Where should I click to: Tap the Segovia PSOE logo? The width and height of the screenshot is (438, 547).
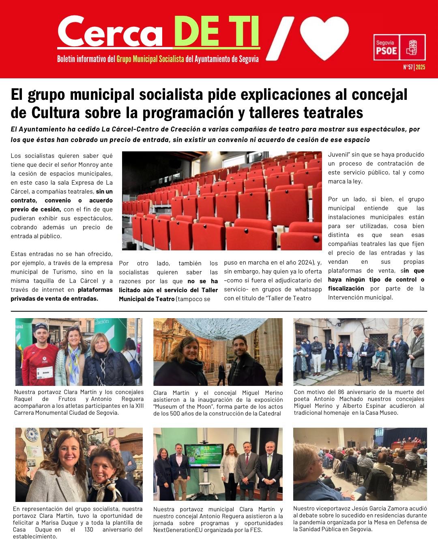point(399,47)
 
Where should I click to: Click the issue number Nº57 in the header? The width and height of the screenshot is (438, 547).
point(408,67)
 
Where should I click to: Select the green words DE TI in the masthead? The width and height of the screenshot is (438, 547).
point(216,32)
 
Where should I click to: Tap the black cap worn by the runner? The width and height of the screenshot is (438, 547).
point(41,327)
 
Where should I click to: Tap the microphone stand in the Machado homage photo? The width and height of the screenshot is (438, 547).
point(357,369)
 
